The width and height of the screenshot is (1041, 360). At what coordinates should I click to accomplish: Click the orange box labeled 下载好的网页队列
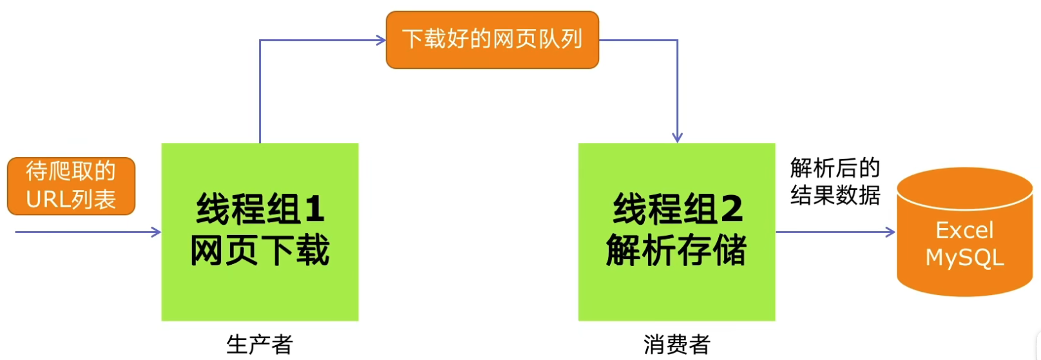pos(492,40)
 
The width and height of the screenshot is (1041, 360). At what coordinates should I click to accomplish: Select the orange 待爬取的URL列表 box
pos(71,185)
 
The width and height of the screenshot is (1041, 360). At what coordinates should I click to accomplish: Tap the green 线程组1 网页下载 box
pos(260,232)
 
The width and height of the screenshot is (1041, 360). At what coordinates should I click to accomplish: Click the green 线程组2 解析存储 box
pos(676,232)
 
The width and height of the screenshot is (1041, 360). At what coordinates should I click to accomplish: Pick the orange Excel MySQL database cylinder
pos(964,232)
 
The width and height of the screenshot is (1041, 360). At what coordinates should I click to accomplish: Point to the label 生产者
pos(260,345)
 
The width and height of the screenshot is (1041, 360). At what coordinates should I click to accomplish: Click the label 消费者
pos(676,345)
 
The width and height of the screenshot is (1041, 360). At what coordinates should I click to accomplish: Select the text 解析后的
pos(835,168)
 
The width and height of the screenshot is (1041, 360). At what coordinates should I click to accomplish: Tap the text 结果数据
pos(835,195)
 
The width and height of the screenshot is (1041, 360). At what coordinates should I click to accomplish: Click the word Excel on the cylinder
pos(964,230)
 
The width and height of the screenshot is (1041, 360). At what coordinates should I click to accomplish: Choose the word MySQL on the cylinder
pos(964,258)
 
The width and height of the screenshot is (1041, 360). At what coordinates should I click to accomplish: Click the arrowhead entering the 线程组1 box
pos(157,232)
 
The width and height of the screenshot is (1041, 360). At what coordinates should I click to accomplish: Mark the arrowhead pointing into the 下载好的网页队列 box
pos(381,41)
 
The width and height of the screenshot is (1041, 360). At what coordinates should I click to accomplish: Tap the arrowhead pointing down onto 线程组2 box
pos(677,138)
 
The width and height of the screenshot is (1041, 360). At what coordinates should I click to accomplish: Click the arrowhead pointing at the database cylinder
pos(891,232)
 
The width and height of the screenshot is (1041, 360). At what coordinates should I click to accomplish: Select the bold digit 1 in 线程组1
pos(314,209)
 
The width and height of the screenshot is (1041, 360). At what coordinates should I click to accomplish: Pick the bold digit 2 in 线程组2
pos(731,209)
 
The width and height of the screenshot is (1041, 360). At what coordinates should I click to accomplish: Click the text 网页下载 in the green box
pos(260,251)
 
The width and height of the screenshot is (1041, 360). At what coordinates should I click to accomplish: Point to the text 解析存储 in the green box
pos(676,251)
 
